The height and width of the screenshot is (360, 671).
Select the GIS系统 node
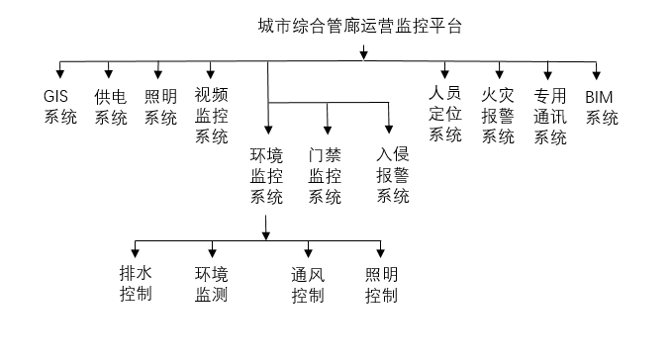click(59, 108)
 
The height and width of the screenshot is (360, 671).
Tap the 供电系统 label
click(111, 108)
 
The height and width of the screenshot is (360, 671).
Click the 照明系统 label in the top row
click(160, 108)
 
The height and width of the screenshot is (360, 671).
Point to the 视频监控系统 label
click(211, 116)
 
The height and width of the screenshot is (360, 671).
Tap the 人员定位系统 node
click(445, 114)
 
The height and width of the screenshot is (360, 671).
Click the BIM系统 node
click(602, 108)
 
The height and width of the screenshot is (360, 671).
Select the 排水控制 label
click(136, 284)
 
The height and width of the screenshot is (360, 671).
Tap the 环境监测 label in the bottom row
click(211, 284)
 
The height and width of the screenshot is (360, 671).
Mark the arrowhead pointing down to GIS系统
click(59, 74)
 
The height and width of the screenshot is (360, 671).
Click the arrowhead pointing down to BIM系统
click(597, 74)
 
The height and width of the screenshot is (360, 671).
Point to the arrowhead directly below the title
click(365, 51)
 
